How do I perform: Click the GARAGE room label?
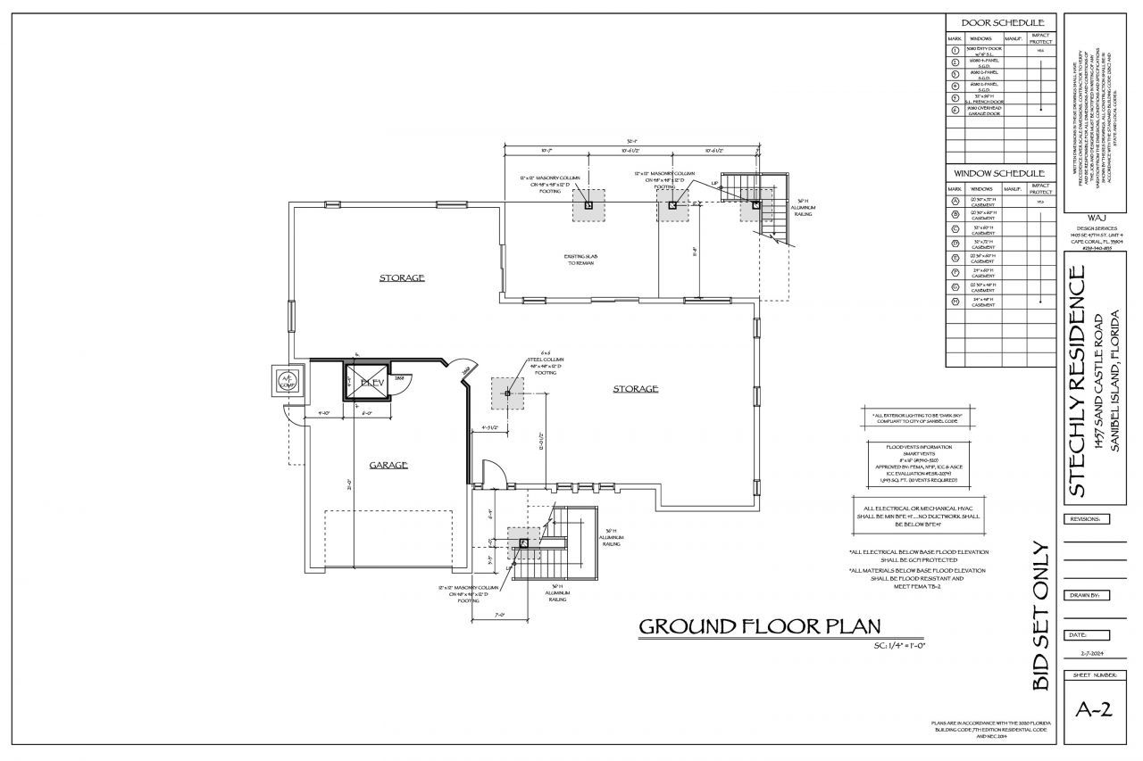(389, 465)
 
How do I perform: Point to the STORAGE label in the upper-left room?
(402, 277)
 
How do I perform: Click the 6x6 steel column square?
(507, 393)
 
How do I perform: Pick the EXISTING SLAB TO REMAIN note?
(580, 261)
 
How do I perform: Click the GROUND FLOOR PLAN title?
(759, 627)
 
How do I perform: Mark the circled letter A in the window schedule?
(955, 202)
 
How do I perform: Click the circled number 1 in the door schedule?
(955, 51)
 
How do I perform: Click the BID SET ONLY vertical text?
(1040, 615)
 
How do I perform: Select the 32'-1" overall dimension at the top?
(631, 141)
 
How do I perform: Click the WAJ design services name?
(1098, 218)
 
